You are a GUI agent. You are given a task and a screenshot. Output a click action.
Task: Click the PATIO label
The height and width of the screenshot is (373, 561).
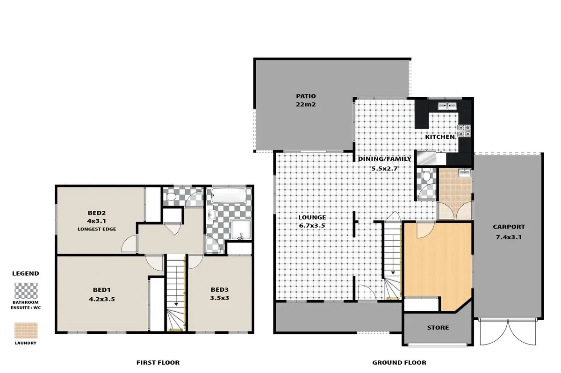coord(306,96)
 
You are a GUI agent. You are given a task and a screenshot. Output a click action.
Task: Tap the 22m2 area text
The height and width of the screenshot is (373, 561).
coord(306,105)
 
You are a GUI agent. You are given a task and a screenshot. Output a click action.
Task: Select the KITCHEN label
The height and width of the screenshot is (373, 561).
coord(439,137)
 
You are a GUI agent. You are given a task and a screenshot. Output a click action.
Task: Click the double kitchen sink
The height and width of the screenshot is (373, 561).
coord(446,106)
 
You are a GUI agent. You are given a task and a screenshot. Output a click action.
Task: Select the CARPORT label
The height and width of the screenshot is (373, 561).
coord(509,227)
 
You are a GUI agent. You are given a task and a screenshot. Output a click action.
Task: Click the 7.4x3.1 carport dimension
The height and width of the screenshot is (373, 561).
coord(509,237)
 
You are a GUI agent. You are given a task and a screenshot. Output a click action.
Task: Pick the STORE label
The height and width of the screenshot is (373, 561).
coord(438,328)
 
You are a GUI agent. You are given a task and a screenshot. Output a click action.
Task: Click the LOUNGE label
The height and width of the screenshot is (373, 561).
coord(312,217)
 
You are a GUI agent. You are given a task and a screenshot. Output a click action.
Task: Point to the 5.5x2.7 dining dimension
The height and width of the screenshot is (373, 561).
coord(384,168)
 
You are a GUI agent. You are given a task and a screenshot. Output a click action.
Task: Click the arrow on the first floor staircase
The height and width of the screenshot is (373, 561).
coord(176,303)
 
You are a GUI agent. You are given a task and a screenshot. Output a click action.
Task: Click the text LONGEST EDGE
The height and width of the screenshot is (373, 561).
coord(97,229)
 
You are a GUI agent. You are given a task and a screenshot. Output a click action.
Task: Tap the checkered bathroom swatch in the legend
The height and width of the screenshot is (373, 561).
coord(26,291)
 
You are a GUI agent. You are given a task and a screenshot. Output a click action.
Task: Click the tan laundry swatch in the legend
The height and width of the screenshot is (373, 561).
coord(26,330)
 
